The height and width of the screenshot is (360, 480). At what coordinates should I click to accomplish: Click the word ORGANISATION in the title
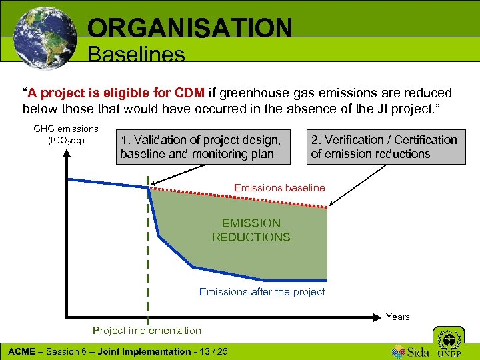pos(189,28)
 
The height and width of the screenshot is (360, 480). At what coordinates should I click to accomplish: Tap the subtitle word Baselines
pos(136,54)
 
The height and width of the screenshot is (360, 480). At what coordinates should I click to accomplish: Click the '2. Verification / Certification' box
pos(384,147)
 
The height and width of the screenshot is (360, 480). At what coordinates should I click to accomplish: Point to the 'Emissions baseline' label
pos(279,188)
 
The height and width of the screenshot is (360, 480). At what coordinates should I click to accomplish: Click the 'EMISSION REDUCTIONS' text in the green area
pos(251,230)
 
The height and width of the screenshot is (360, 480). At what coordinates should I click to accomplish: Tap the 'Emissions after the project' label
pos(262,291)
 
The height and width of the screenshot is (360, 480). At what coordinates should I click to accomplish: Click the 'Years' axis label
pos(397,317)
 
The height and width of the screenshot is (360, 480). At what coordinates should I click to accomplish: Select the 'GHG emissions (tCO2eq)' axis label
pos(65,135)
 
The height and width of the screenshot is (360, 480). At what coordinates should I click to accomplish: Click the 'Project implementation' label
pos(147,331)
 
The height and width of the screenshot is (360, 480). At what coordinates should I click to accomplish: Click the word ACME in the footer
pos(21,351)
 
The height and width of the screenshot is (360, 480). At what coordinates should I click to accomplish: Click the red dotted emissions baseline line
pos(240,198)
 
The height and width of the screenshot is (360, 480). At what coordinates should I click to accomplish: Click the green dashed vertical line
pos(147,267)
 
